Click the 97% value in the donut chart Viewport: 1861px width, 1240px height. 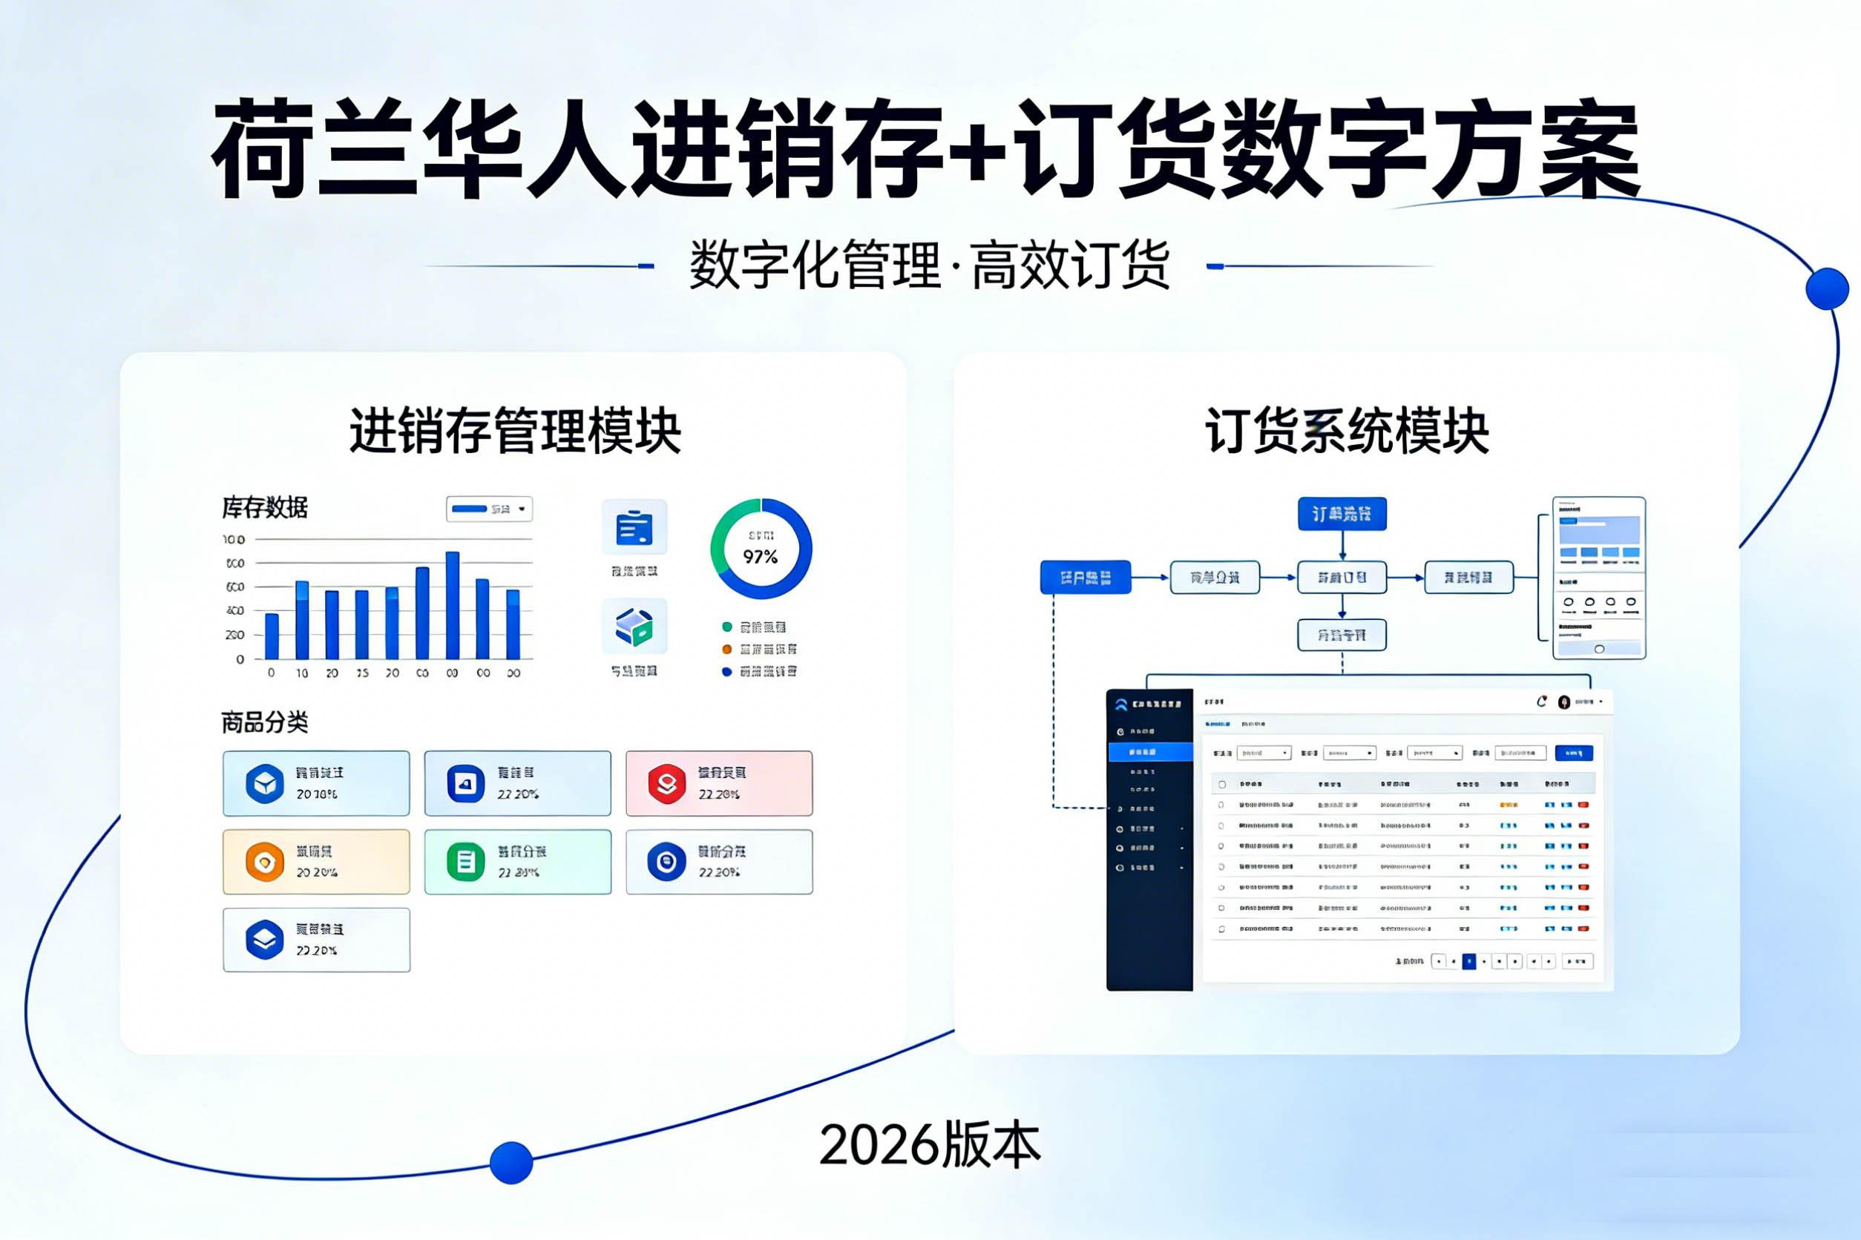(x=760, y=557)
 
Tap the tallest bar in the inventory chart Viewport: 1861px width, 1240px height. (x=453, y=605)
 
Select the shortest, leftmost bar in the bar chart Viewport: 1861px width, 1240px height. (x=272, y=636)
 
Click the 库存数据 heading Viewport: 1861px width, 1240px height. (x=264, y=508)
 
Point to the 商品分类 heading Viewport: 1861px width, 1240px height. (x=264, y=722)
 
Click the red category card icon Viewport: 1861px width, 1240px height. (x=667, y=783)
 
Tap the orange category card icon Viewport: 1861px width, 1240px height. (x=264, y=862)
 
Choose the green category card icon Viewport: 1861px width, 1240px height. (x=465, y=862)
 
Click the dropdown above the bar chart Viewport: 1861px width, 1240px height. (x=489, y=509)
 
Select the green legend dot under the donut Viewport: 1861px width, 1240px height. (x=726, y=627)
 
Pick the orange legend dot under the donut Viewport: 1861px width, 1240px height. (x=726, y=649)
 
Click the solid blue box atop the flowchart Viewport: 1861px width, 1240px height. (x=1342, y=514)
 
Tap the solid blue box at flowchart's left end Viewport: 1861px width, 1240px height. (x=1085, y=577)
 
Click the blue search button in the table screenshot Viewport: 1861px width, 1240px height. (x=1574, y=753)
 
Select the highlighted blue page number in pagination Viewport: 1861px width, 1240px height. (x=1468, y=962)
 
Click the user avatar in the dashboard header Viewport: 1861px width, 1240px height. (x=1563, y=702)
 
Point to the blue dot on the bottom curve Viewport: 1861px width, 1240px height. (x=511, y=1163)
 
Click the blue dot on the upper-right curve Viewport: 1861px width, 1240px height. (x=1827, y=288)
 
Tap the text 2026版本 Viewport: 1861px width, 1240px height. (x=930, y=1145)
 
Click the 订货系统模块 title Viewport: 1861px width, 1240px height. (x=1347, y=432)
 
